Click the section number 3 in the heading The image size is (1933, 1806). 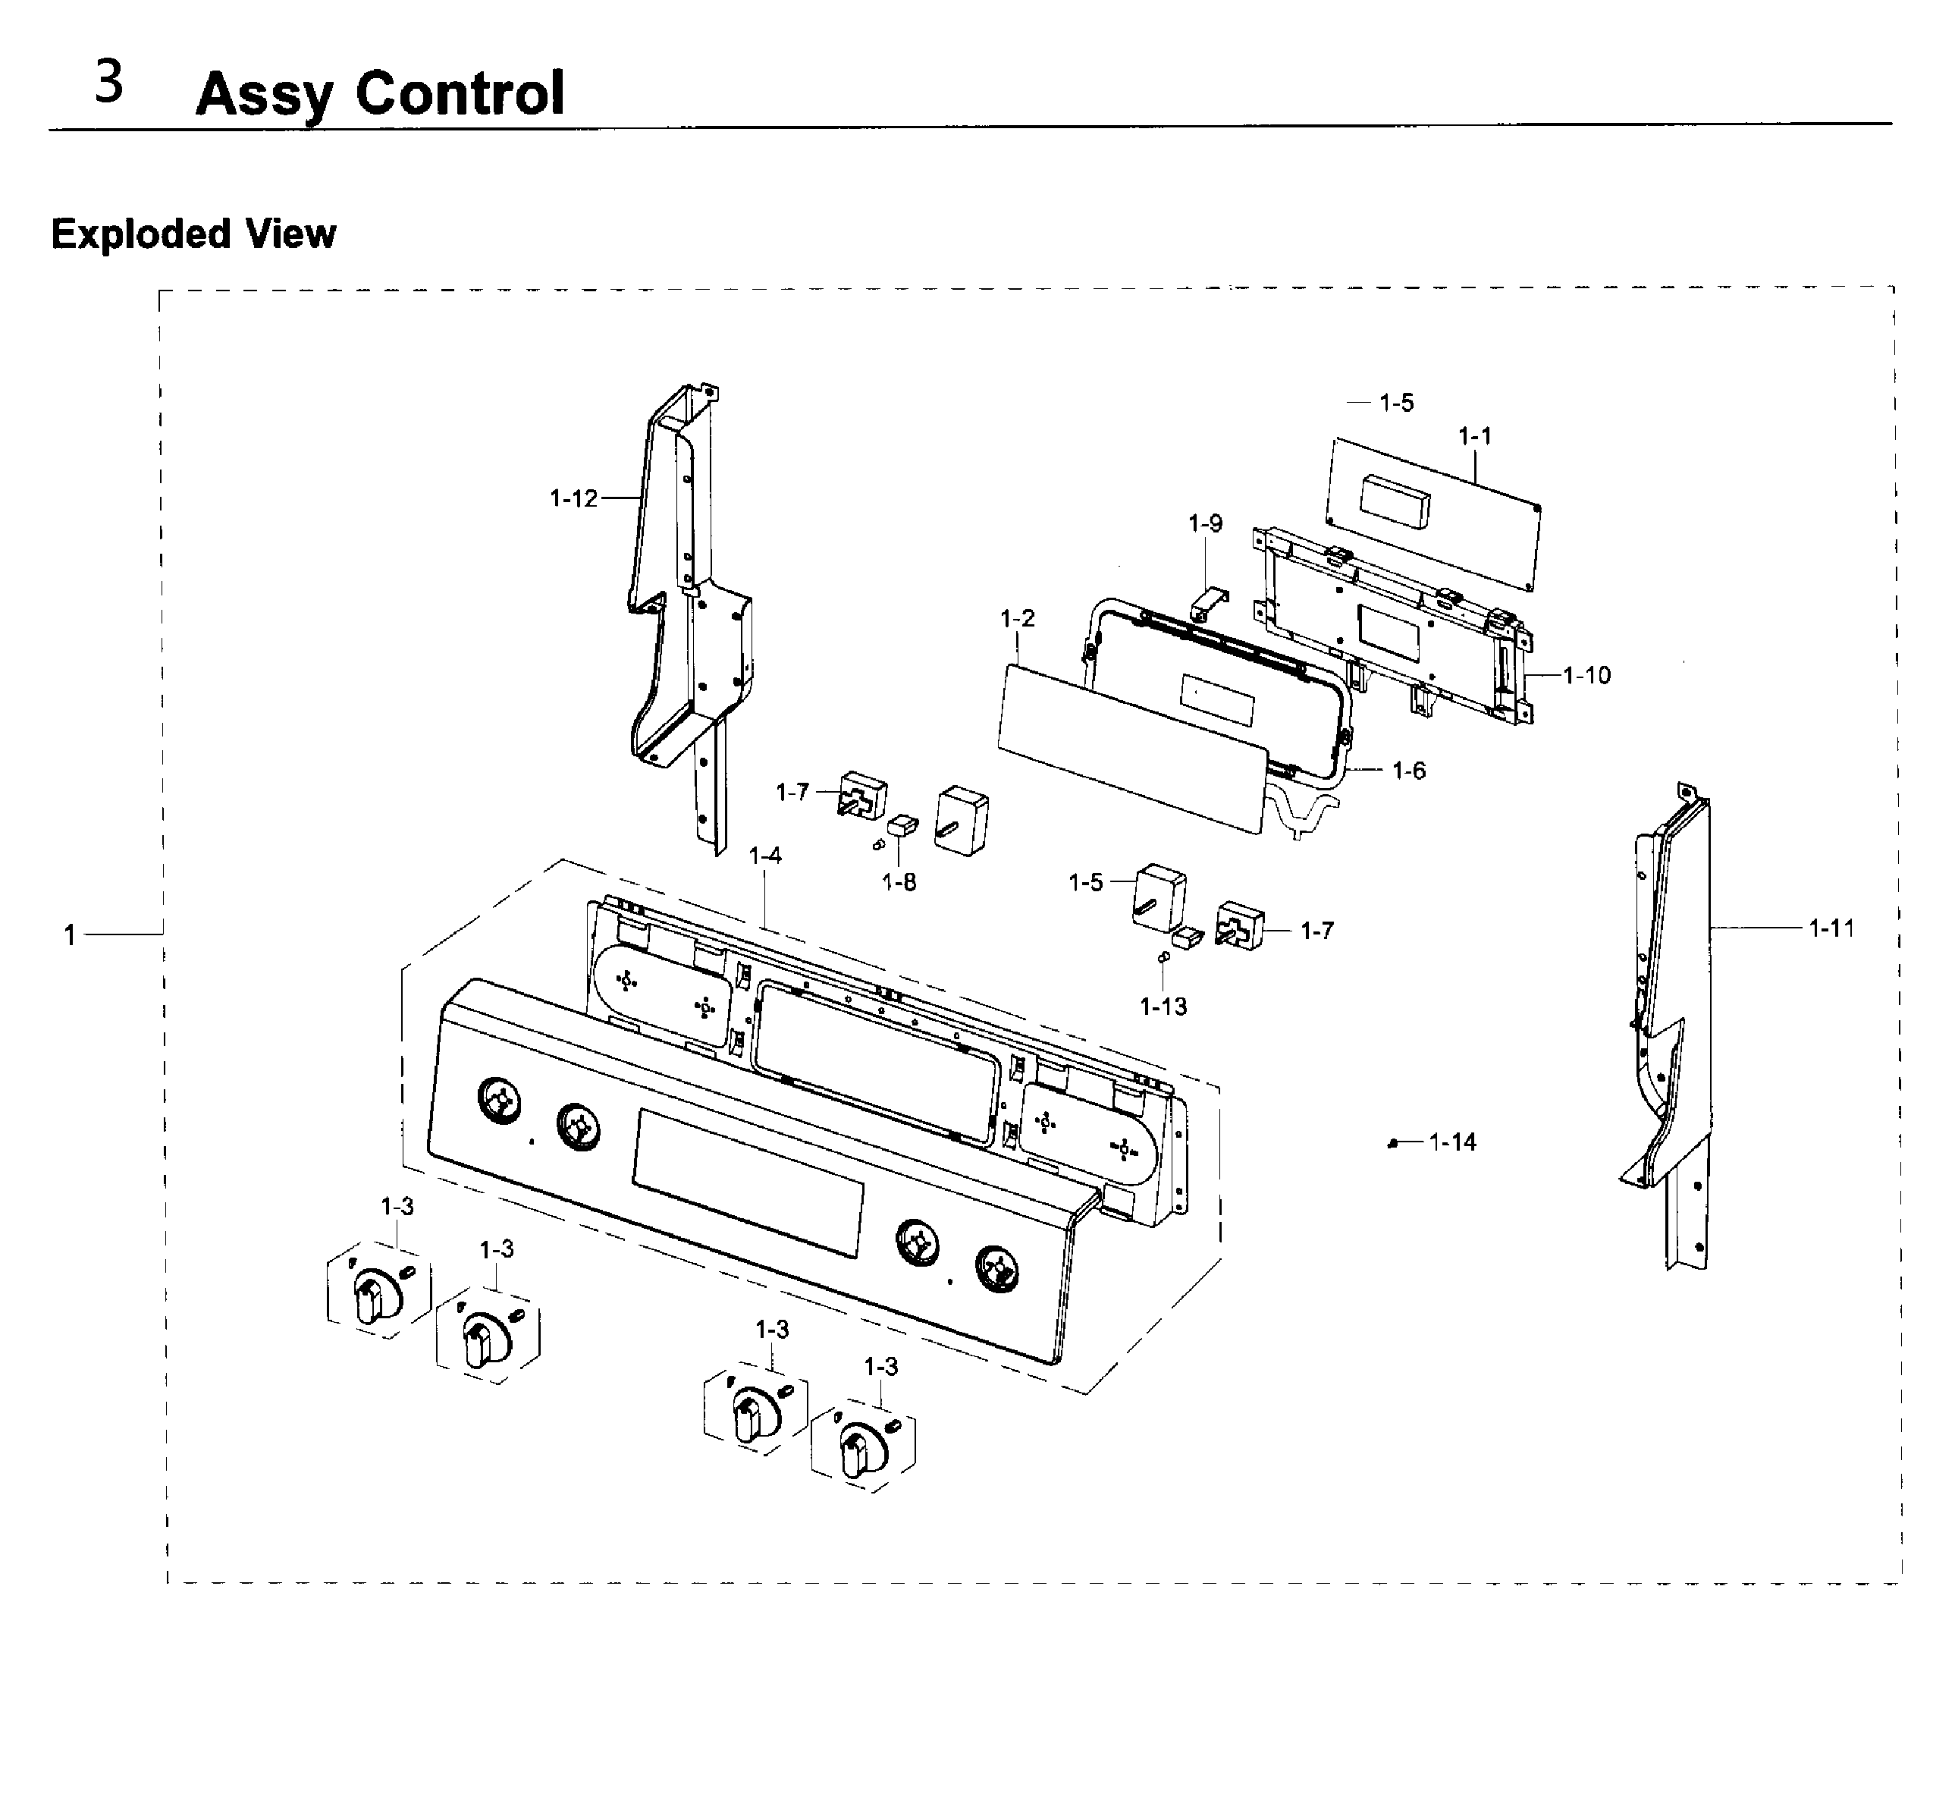pos(109,83)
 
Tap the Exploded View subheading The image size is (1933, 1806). pos(193,234)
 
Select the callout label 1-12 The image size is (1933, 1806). pos(573,499)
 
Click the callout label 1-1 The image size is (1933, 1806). pos(1474,437)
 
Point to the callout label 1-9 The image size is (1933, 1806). pos(1205,524)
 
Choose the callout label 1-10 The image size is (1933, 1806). pos(1587,675)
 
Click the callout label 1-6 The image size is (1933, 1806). pos(1408,771)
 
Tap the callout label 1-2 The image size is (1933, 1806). pos(1017,618)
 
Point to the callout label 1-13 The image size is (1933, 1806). pos(1163,1007)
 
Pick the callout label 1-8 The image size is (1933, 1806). pos(899,882)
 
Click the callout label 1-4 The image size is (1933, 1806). pos(765,856)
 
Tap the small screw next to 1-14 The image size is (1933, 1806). pos(1392,1145)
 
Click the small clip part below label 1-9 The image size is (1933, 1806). pos(1209,603)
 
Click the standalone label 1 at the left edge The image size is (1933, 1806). pos(70,935)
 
